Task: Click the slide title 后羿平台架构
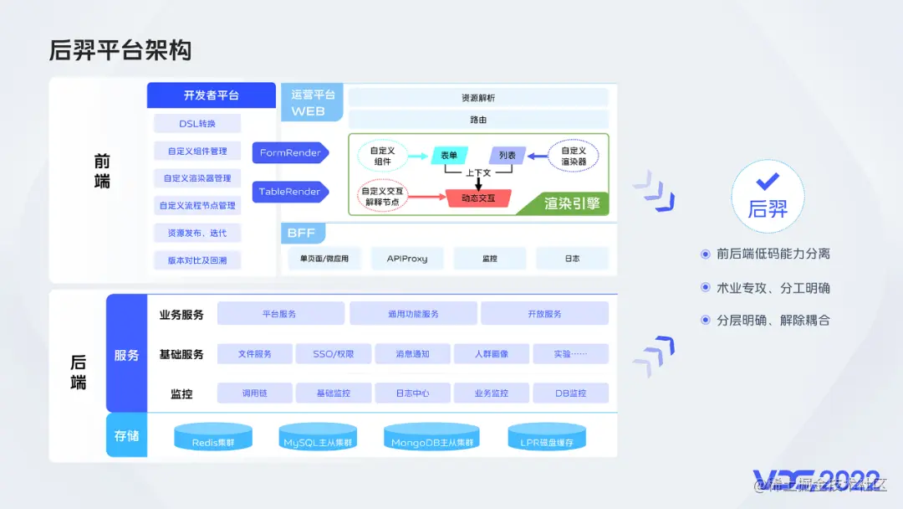coord(120,50)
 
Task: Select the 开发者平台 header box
coord(211,95)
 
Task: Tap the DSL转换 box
coord(197,124)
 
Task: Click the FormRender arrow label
coord(289,153)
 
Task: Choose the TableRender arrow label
coord(289,192)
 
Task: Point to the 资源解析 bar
coord(478,98)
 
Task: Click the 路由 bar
coord(478,120)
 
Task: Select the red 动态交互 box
coord(479,198)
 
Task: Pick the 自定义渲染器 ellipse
coord(574,156)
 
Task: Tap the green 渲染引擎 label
coord(572,203)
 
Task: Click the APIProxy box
coord(407,259)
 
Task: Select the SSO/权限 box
coord(334,354)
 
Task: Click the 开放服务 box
coord(544,314)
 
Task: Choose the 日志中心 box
coord(412,393)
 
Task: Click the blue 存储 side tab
coord(126,435)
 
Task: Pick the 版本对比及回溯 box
coord(197,260)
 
